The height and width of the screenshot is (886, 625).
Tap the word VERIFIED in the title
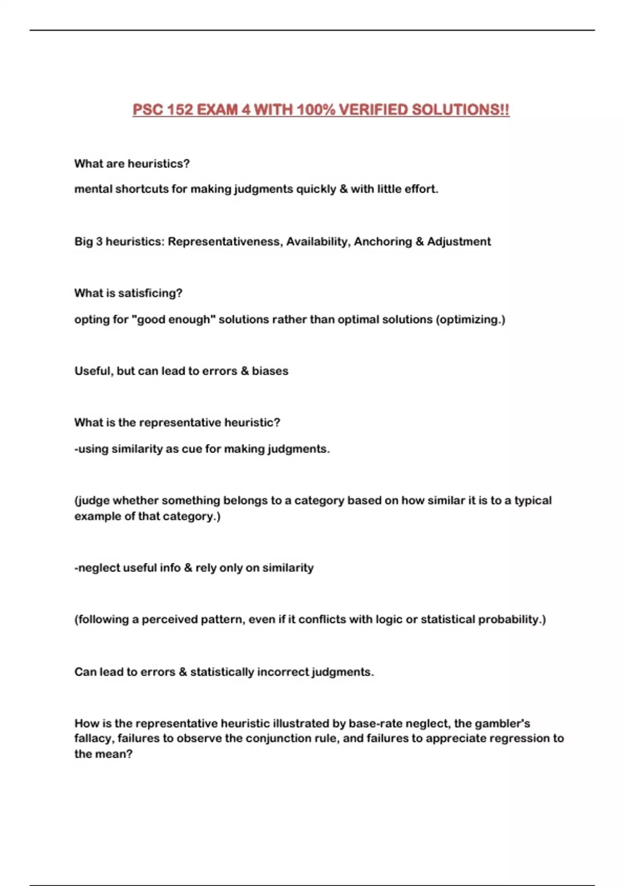[x=373, y=110]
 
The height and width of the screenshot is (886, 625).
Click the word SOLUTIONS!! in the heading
[x=460, y=110]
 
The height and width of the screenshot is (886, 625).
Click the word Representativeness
[x=224, y=242]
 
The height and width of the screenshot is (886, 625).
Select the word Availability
[x=317, y=242]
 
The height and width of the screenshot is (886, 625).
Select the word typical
[x=533, y=501]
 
